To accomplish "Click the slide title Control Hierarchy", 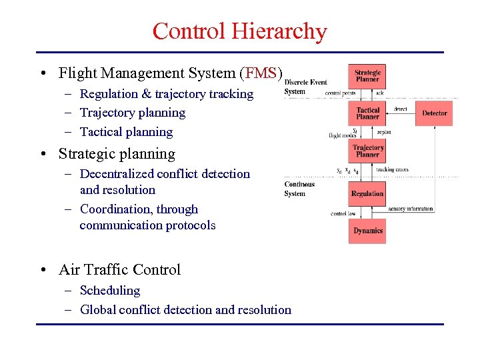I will tap(239, 31).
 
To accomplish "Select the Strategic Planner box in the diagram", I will tap(367, 76).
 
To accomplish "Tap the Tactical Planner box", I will tap(367, 113).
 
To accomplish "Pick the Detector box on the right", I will tap(434, 113).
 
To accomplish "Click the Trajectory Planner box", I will tap(367, 151).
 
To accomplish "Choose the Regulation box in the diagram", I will tap(367, 194).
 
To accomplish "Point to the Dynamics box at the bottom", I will tap(367, 231).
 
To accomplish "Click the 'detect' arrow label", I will tap(400, 109).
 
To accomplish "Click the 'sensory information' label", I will tap(410, 209).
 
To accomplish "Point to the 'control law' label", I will tap(343, 214).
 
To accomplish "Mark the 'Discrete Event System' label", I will tap(305, 87).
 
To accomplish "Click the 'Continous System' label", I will tap(299, 189).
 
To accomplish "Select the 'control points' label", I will tap(340, 93).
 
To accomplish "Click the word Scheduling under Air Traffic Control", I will tap(110, 291).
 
